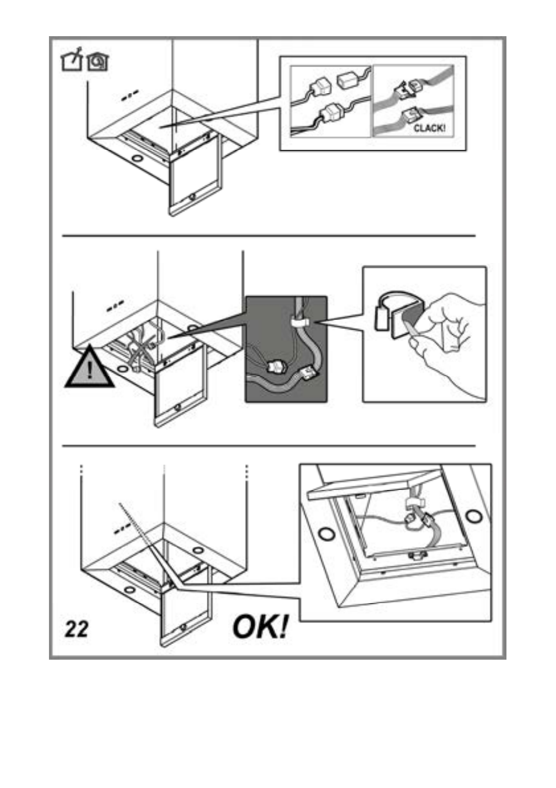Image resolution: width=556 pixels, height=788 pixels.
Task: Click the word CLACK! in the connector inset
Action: pyautogui.click(x=430, y=128)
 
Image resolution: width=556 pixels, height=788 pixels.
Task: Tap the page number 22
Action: pyautogui.click(x=77, y=629)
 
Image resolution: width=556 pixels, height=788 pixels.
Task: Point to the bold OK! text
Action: pyautogui.click(x=260, y=628)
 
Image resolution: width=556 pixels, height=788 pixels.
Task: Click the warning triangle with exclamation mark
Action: pyautogui.click(x=89, y=368)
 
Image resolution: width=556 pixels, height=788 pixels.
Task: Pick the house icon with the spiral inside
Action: pyautogui.click(x=97, y=61)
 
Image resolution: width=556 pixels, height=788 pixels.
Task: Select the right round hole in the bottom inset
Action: pyautogui.click(x=474, y=516)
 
